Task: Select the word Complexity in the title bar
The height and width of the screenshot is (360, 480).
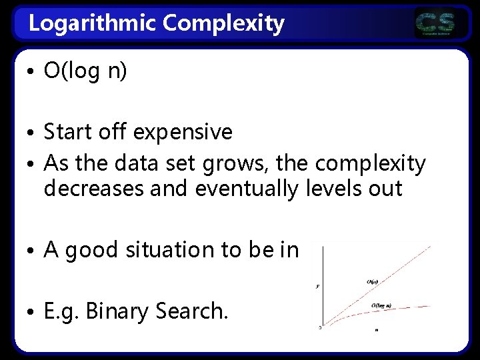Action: [223, 24]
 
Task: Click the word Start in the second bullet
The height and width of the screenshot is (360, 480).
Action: [69, 132]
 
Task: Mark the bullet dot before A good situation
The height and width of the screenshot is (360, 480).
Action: [32, 251]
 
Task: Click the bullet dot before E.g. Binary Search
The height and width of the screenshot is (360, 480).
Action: [32, 311]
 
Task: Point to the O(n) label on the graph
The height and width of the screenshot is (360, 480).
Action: [374, 281]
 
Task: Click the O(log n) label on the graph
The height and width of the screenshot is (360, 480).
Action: [381, 305]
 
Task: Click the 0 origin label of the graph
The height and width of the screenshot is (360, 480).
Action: [319, 327]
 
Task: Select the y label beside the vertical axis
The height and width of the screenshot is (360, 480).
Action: [317, 285]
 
